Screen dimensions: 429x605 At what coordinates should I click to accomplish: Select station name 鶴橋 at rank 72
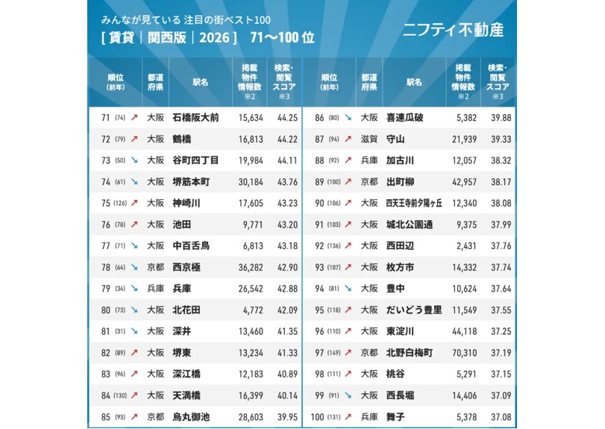[182, 139]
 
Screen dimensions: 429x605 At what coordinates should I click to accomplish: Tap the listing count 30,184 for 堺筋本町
[250, 181]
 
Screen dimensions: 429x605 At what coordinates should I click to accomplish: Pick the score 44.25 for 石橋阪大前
[287, 117]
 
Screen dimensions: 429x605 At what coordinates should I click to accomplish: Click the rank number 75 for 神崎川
[105, 203]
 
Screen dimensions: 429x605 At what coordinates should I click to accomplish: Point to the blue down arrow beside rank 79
[134, 288]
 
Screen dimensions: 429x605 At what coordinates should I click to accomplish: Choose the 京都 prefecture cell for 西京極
[155, 267]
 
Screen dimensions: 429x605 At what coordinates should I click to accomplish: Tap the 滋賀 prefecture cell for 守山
[369, 139]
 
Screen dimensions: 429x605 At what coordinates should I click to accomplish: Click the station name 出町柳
[401, 181]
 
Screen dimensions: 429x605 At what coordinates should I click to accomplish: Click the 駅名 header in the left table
[200, 82]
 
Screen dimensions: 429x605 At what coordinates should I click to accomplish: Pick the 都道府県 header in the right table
[369, 82]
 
